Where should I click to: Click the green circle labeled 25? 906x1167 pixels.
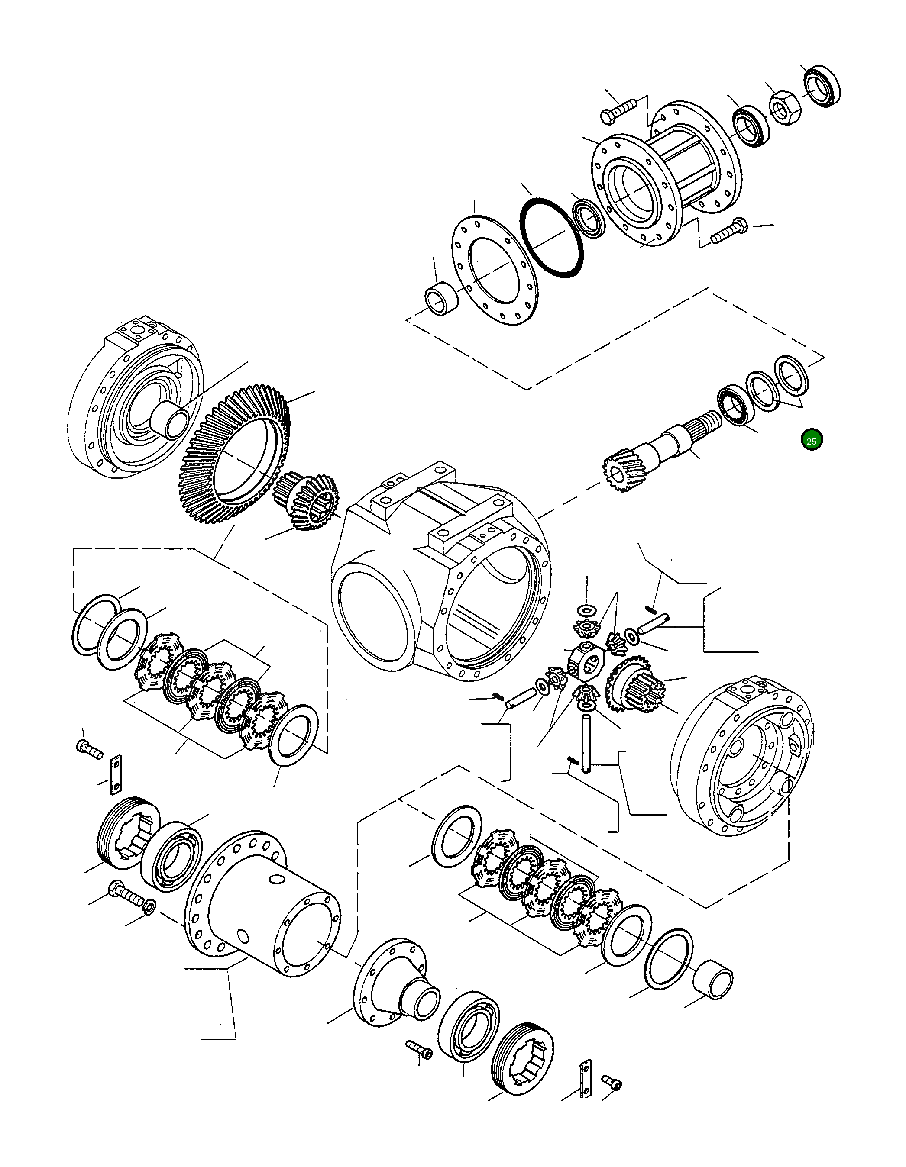click(812, 441)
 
